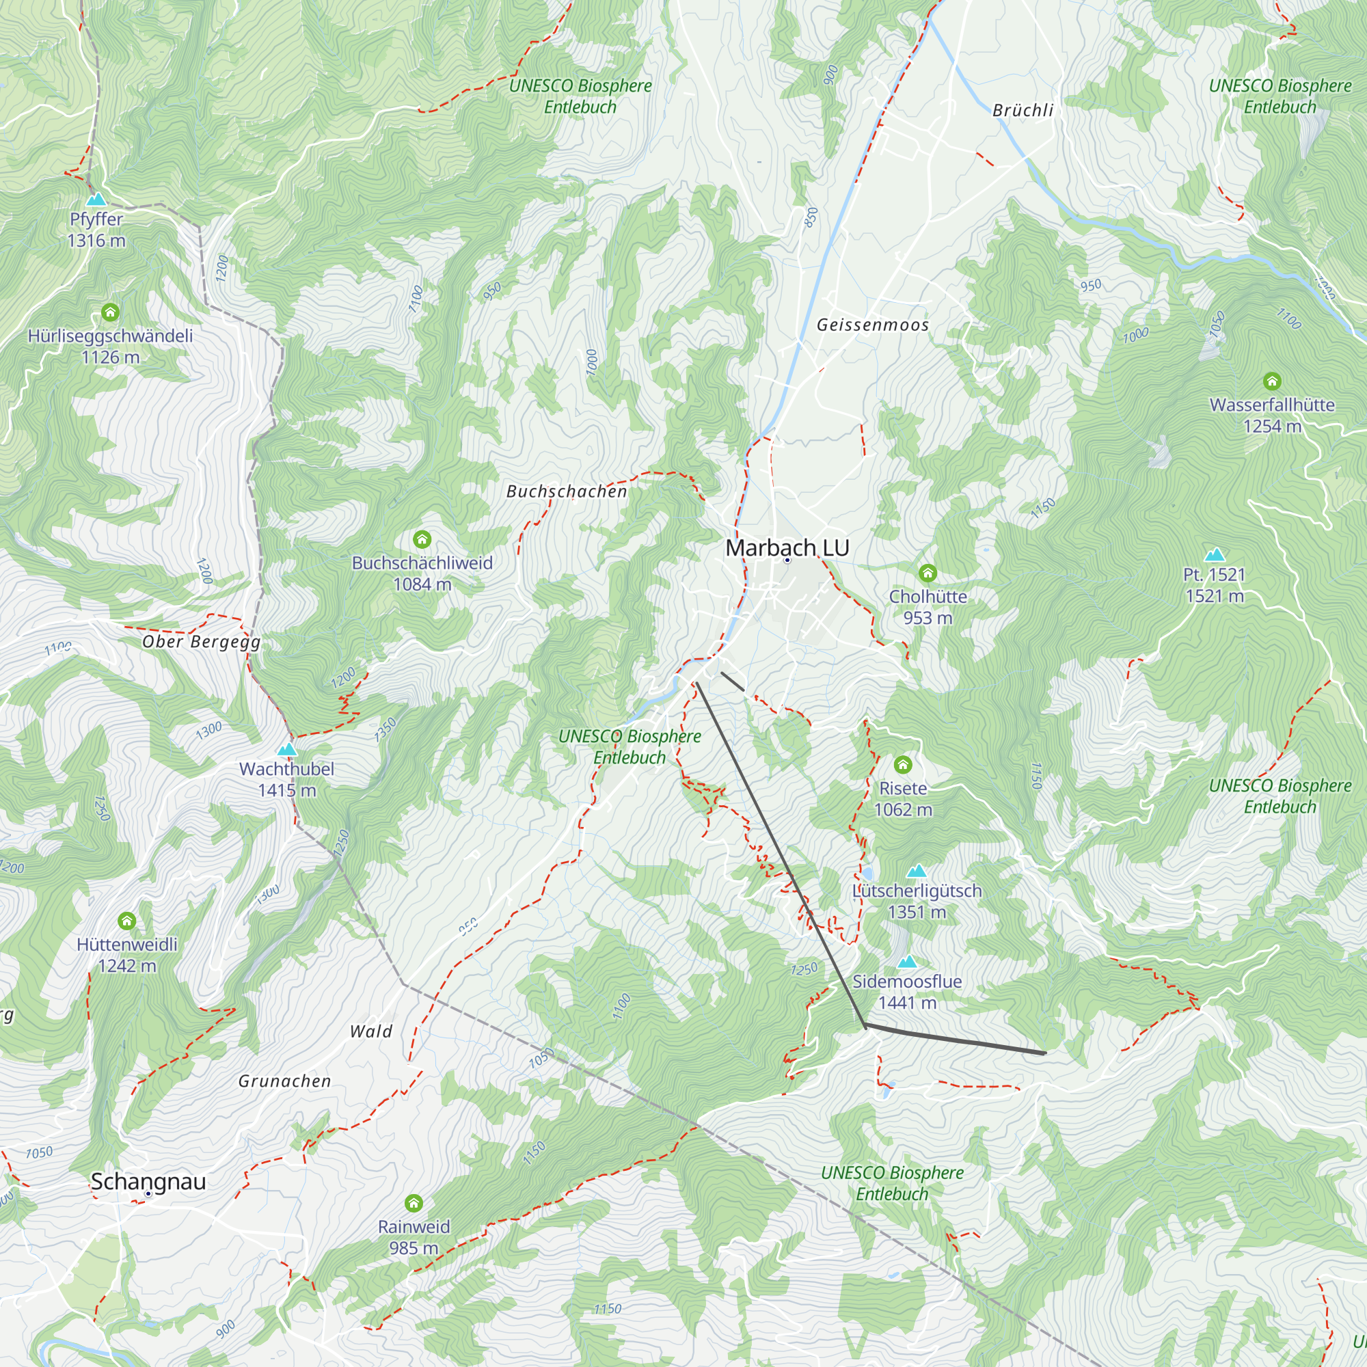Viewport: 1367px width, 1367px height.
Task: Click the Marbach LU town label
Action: [787, 547]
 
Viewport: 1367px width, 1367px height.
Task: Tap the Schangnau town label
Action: [148, 1181]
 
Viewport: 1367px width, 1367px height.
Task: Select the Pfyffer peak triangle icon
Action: [96, 200]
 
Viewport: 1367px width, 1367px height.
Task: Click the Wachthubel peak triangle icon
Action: [286, 749]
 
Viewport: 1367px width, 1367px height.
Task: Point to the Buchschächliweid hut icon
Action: [422, 540]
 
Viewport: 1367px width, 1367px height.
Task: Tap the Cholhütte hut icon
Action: [928, 573]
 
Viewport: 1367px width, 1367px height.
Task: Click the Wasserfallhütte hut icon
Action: [1271, 382]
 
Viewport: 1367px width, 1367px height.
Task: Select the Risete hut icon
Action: [903, 765]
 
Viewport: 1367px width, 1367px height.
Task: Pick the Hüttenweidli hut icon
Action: [126, 921]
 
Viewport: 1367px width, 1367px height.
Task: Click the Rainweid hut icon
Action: [414, 1203]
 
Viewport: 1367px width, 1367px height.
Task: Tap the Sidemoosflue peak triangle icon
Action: [907, 962]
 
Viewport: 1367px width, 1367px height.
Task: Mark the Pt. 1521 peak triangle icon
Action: [1214, 554]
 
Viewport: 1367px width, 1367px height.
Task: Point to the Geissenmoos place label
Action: [872, 325]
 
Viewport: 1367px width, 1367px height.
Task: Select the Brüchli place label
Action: [1023, 110]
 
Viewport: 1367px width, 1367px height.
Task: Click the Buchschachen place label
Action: [567, 491]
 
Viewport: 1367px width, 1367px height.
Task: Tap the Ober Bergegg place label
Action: [202, 642]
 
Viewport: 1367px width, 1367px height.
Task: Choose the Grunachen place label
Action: [284, 1081]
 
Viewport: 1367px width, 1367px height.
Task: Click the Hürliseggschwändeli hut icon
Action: [110, 312]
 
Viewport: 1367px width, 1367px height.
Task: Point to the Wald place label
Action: [370, 1031]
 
